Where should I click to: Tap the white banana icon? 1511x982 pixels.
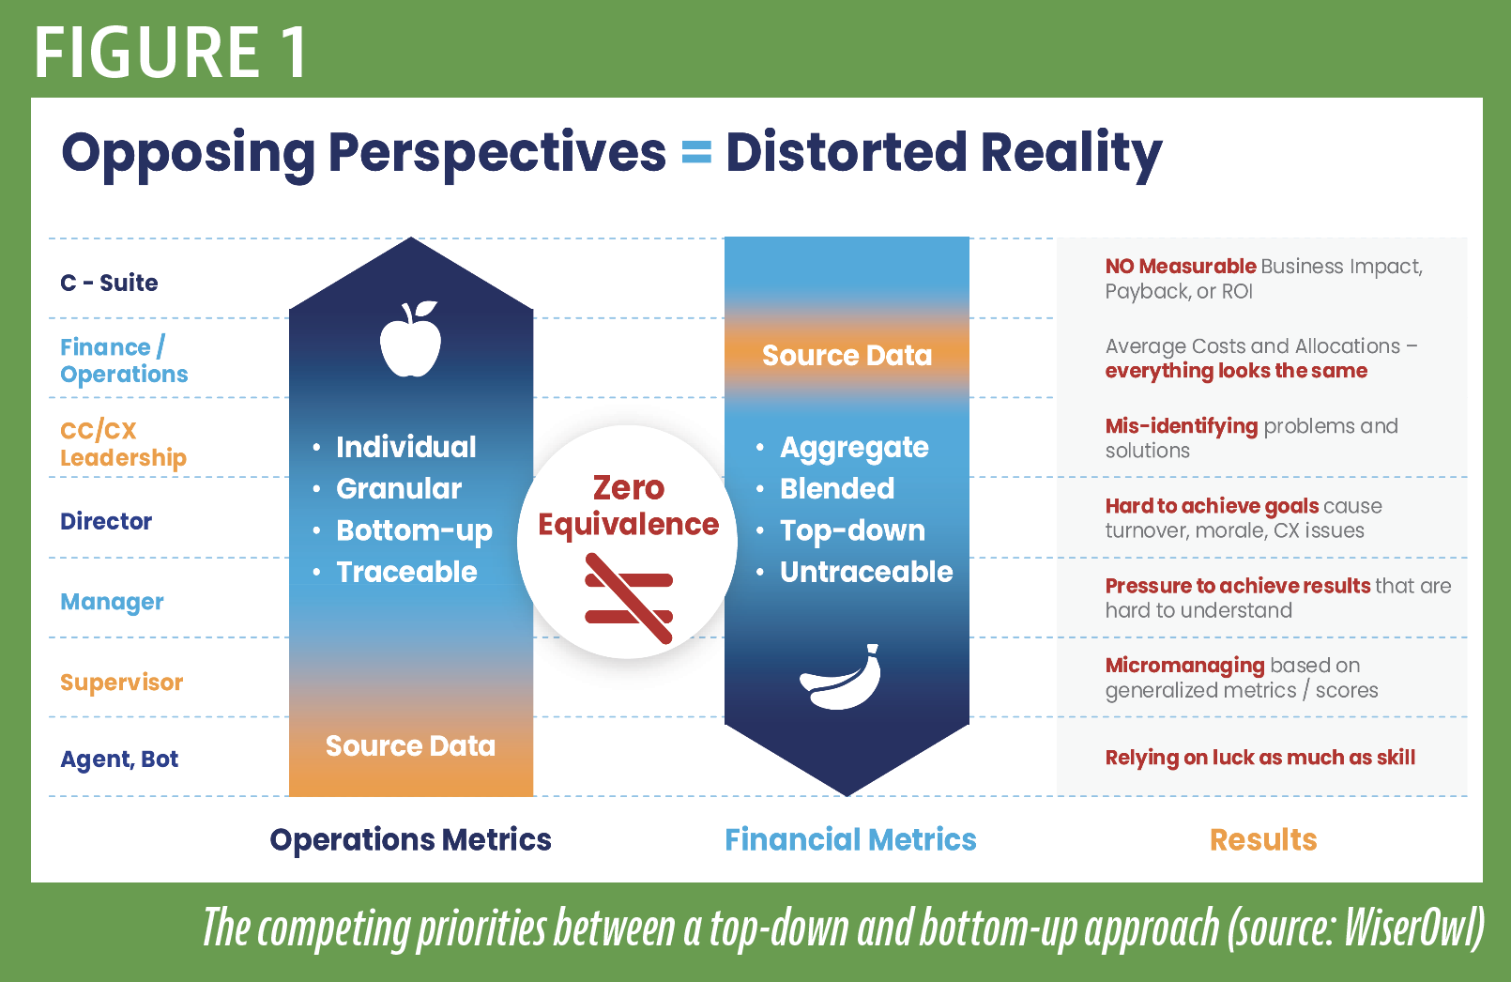coord(841,677)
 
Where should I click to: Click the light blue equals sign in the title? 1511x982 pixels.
coord(696,152)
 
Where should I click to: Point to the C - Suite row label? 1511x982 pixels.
coord(109,283)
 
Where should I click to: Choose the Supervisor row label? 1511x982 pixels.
coord(121,683)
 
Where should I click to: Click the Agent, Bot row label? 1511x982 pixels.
coord(119,760)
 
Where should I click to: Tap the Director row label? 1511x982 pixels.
coord(106,521)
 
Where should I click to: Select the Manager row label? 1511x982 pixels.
coord(112,602)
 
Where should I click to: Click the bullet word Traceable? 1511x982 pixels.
coord(406,573)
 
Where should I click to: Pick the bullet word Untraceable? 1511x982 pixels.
coord(867,573)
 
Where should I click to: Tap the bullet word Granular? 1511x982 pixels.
coord(399,488)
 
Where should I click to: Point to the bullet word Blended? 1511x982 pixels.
coord(837,488)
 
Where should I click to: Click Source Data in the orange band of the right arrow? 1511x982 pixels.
coord(847,356)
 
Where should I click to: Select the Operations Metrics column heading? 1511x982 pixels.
coord(411,840)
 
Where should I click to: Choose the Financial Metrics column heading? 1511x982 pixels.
coord(850,840)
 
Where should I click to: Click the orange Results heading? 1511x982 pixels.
coord(1263,840)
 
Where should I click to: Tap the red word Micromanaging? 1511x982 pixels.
coord(1185,667)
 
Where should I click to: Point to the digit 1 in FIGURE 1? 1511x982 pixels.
coord(296,53)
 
